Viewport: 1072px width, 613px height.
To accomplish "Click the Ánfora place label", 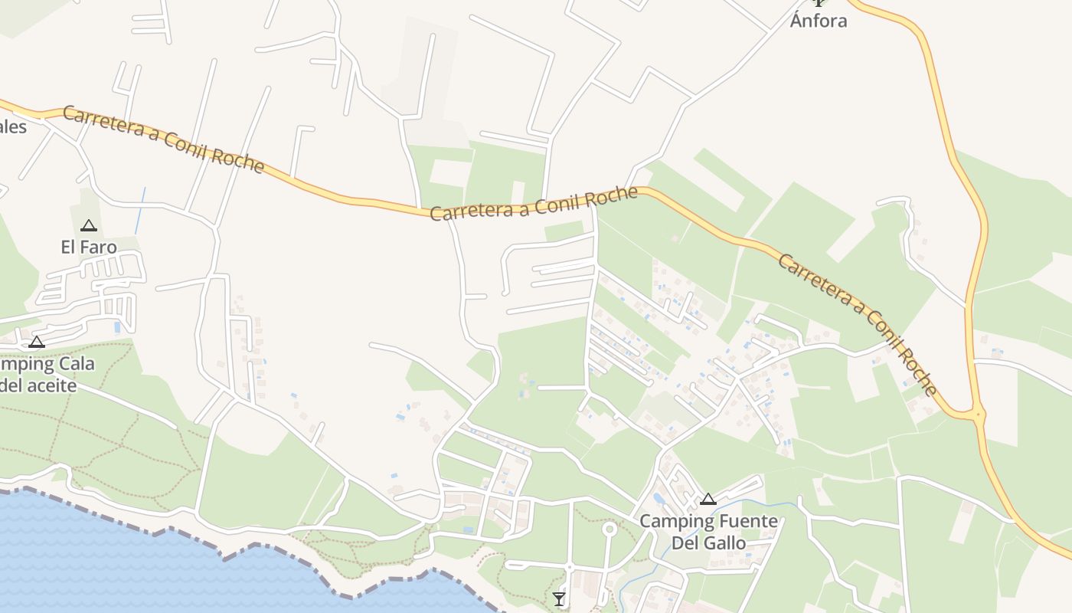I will [819, 21].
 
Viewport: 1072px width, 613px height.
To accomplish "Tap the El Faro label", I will [89, 247].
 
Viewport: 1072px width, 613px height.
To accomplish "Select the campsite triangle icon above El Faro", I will [89, 226].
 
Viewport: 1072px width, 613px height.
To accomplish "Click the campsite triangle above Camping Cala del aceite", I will [37, 342].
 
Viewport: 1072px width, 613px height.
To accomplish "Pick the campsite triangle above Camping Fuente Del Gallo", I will [708, 500].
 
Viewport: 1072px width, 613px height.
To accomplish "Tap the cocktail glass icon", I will [559, 598].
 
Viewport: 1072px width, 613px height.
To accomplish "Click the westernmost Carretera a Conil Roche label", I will [163, 139].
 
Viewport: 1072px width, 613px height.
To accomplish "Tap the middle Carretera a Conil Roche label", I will [534, 203].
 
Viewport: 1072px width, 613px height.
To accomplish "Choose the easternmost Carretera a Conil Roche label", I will [858, 324].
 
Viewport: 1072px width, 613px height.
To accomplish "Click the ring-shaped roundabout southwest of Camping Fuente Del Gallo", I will [610, 529].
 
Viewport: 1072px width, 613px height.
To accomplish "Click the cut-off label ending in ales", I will [12, 126].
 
